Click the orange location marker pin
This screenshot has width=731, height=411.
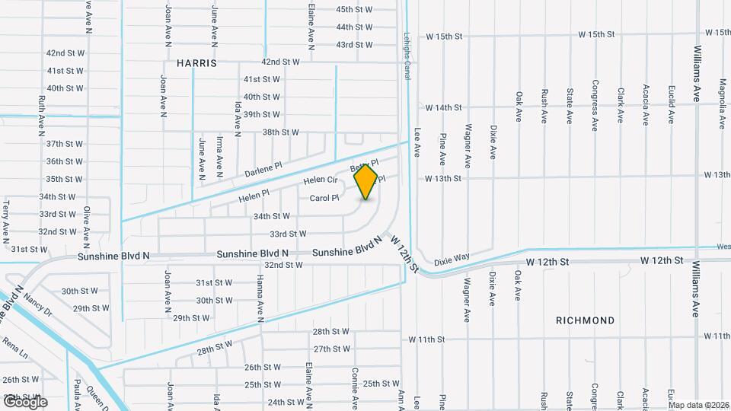pyautogui.click(x=366, y=181)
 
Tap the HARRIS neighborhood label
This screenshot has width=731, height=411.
pyautogui.click(x=196, y=63)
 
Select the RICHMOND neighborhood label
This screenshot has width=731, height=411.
pyautogui.click(x=586, y=320)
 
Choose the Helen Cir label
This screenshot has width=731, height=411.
pyautogui.click(x=320, y=180)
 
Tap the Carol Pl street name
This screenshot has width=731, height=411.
pyautogui.click(x=324, y=198)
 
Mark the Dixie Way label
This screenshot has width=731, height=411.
pyautogui.click(x=453, y=260)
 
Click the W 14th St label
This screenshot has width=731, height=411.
pyautogui.click(x=444, y=107)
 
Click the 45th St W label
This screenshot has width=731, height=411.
pyautogui.click(x=355, y=9)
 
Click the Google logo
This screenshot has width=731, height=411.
pyautogui.click(x=24, y=402)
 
